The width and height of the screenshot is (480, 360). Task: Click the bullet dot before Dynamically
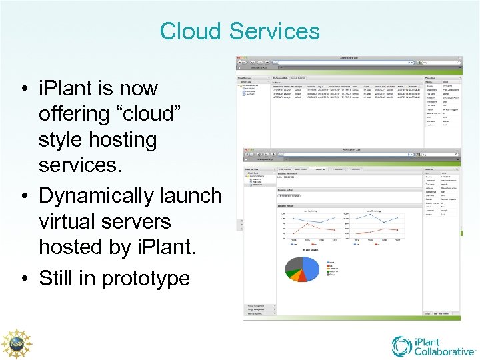pyautogui.click(x=24, y=196)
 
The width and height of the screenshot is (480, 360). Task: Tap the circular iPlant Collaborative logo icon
pyautogui.click(x=401, y=345)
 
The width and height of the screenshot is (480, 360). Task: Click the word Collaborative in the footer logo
pyautogui.click(x=445, y=351)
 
